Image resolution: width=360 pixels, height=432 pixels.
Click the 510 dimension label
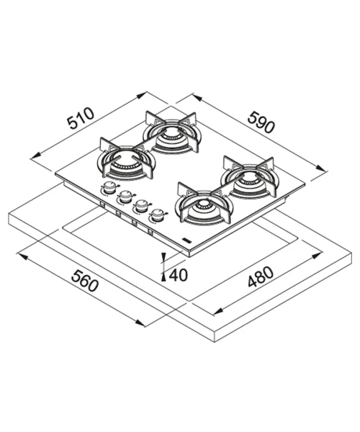click(81, 119)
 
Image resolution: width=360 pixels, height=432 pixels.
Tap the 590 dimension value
click(261, 122)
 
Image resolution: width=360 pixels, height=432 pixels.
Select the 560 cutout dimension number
click(85, 281)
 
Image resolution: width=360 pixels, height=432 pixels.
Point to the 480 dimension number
click(261, 276)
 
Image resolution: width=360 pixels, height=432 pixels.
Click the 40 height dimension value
click(179, 275)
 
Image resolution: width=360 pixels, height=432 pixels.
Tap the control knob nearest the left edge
click(109, 188)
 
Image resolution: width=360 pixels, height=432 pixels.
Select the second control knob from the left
click(125, 197)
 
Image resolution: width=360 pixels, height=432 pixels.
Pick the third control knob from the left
click(141, 206)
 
